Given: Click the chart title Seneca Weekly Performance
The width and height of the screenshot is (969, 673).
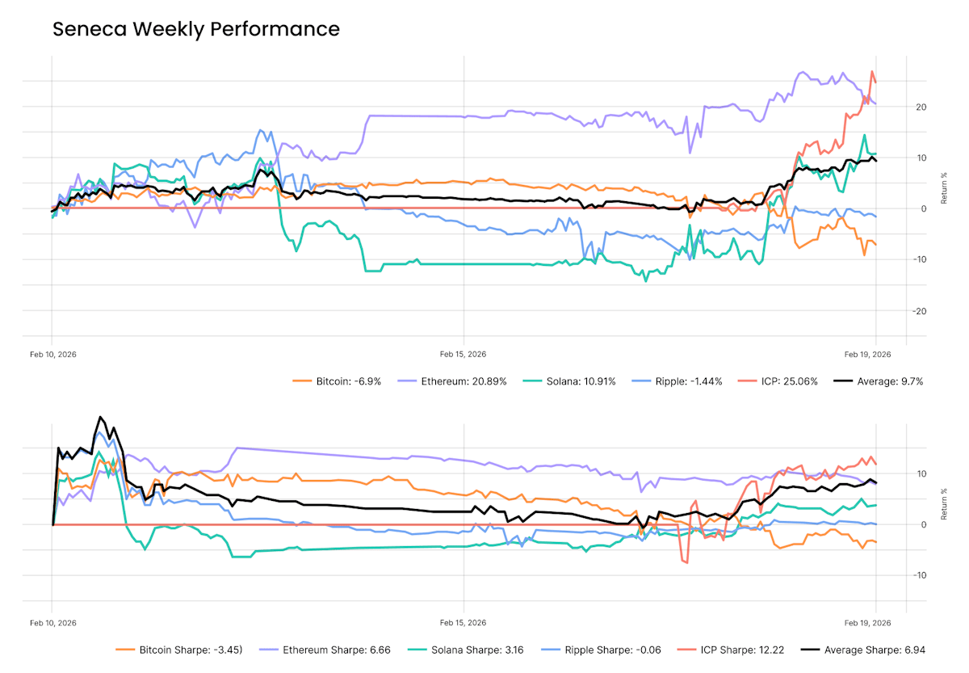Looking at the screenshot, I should click(x=196, y=30).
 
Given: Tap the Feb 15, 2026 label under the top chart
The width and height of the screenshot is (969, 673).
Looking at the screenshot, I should click(x=463, y=354).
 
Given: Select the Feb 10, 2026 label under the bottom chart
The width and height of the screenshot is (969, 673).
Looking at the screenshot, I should click(x=53, y=622).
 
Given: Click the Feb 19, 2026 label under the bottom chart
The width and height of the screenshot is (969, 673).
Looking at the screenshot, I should click(x=867, y=622).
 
